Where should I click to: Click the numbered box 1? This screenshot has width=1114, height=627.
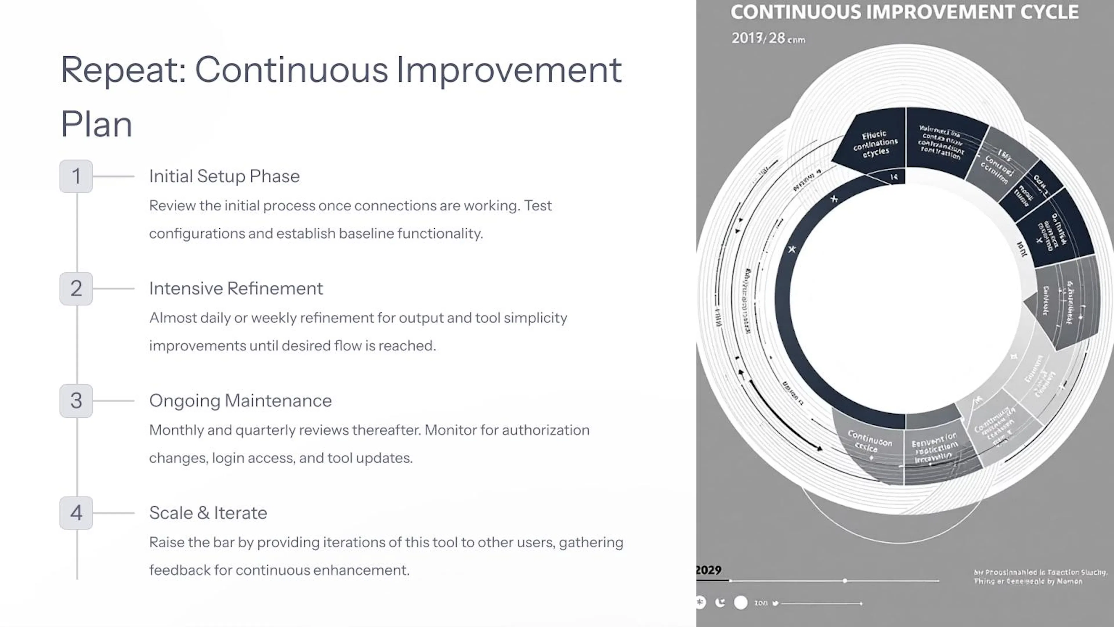(x=76, y=176)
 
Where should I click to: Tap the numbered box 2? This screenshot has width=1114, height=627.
(x=76, y=289)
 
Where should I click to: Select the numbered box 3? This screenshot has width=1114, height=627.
(x=76, y=401)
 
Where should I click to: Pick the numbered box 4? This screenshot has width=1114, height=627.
(x=76, y=513)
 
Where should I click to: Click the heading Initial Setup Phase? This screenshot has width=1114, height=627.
(x=224, y=176)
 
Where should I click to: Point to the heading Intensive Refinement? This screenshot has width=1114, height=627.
(x=236, y=289)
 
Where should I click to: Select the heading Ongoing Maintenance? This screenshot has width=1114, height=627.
(x=240, y=401)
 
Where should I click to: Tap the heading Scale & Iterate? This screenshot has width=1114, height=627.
(x=208, y=513)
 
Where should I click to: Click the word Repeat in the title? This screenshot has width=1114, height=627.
(x=123, y=70)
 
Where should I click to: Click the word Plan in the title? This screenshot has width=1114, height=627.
(x=96, y=125)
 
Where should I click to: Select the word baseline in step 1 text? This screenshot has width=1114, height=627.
(x=366, y=234)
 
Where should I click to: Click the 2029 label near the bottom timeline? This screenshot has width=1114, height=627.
(x=708, y=570)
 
